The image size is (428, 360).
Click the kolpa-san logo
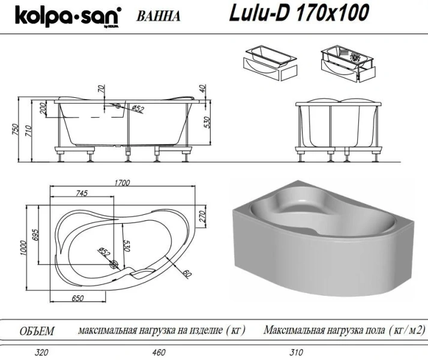pos(60,16)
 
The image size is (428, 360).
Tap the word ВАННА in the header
pos(158,16)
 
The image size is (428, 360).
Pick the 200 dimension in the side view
pos(43,108)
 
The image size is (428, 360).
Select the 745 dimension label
pos(82,193)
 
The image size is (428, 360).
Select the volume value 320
pos(41,352)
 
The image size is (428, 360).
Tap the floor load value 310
pos(296,352)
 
